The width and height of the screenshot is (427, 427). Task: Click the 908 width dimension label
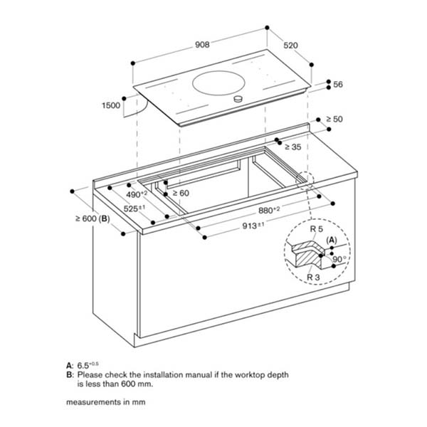[201, 45]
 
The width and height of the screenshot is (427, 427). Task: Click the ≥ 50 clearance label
[334, 119]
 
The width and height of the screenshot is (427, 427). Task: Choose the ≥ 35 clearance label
[292, 147]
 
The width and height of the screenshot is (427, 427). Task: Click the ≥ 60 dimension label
[179, 193]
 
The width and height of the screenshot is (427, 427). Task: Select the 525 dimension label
[136, 209]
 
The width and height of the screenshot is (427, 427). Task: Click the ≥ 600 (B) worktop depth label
[92, 218]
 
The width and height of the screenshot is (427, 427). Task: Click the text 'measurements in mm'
[101, 402]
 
